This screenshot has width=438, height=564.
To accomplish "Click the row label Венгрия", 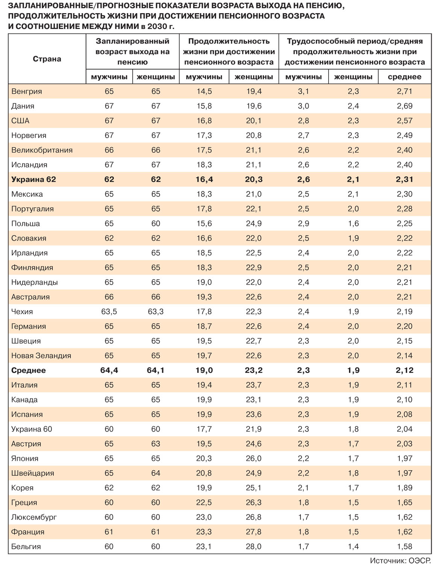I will pyautogui.click(x=27, y=91).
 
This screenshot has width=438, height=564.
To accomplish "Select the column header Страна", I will pyautogui.click(x=47, y=59).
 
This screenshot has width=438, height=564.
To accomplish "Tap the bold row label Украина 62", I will pyautogui.click(x=33, y=179).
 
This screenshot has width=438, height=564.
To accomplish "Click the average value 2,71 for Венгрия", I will pyautogui.click(x=405, y=91).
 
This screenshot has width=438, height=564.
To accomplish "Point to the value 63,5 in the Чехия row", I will pyautogui.click(x=109, y=312).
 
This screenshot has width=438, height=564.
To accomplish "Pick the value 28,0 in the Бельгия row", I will pyautogui.click(x=254, y=547).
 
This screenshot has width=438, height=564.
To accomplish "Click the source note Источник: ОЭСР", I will pyautogui.click(x=400, y=560).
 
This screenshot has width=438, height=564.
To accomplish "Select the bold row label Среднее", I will pyautogui.click(x=29, y=370).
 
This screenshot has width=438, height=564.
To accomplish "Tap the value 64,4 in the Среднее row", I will pyautogui.click(x=109, y=370).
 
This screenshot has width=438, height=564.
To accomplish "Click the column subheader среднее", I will pyautogui.click(x=405, y=77).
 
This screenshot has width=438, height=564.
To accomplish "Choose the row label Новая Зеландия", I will pyautogui.click(x=41, y=356).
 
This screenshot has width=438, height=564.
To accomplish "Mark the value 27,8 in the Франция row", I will pyautogui.click(x=254, y=532).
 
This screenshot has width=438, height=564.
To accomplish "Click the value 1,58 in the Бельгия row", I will pyautogui.click(x=405, y=547).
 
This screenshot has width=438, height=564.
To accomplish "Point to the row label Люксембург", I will pyautogui.click(x=34, y=517).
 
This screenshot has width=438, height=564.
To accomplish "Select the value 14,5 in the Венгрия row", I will pyautogui.click(x=204, y=91).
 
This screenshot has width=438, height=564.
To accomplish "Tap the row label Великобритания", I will pyautogui.click(x=42, y=150).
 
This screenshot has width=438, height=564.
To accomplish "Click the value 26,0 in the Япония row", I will pyautogui.click(x=254, y=459).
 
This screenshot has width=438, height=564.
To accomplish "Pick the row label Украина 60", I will pyautogui.click(x=32, y=429).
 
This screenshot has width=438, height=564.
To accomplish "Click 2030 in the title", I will pyautogui.click(x=157, y=27).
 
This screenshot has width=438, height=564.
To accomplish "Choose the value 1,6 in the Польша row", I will pyautogui.click(x=353, y=224).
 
